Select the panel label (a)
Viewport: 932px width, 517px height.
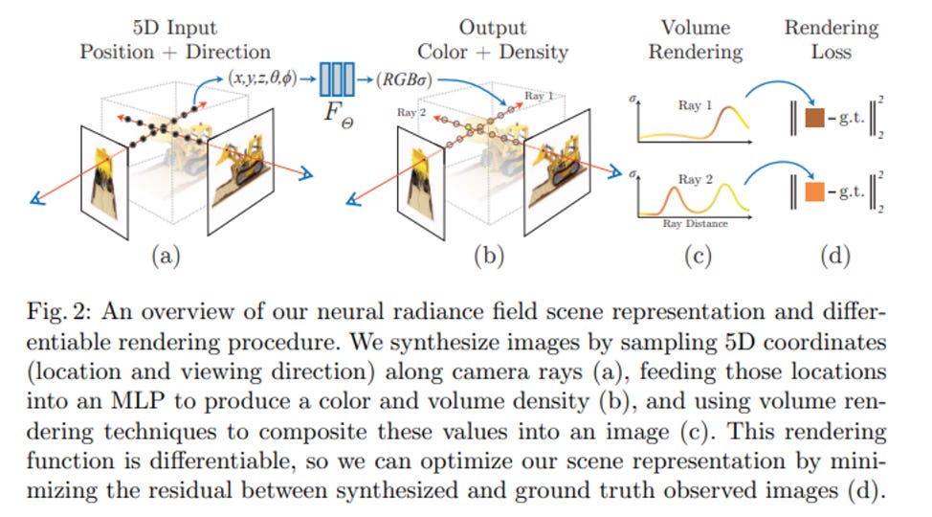coord(166,256)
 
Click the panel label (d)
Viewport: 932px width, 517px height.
coord(831,256)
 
